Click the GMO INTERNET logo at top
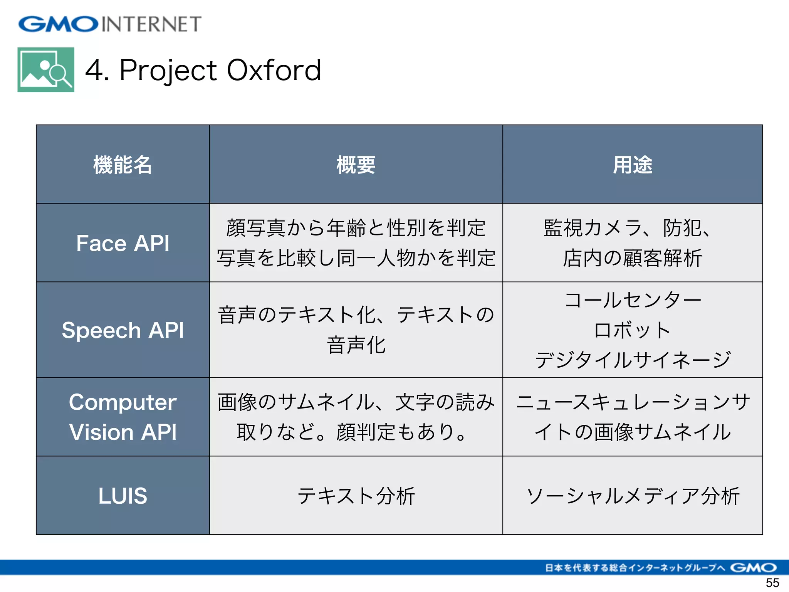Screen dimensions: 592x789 [110, 24]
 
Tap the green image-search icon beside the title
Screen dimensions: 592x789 [46, 70]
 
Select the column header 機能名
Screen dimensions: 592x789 [123, 165]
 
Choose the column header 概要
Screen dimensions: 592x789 [356, 165]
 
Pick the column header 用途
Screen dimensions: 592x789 [632, 165]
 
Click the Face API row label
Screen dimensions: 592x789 [123, 243]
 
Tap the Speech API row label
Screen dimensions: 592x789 [123, 330]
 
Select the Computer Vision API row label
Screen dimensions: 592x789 [123, 417]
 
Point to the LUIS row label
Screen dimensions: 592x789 [123, 496]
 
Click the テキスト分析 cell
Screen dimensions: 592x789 [356, 496]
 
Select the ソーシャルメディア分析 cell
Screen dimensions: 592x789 [632, 496]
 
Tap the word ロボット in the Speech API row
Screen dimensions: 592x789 [632, 330]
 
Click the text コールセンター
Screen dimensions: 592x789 [632, 300]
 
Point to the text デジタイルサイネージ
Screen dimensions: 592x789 [632, 360]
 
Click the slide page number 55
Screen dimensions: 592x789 [772, 583]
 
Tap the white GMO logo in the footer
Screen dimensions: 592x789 [753, 567]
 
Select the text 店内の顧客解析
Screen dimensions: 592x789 [632, 258]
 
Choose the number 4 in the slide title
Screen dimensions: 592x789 [95, 70]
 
